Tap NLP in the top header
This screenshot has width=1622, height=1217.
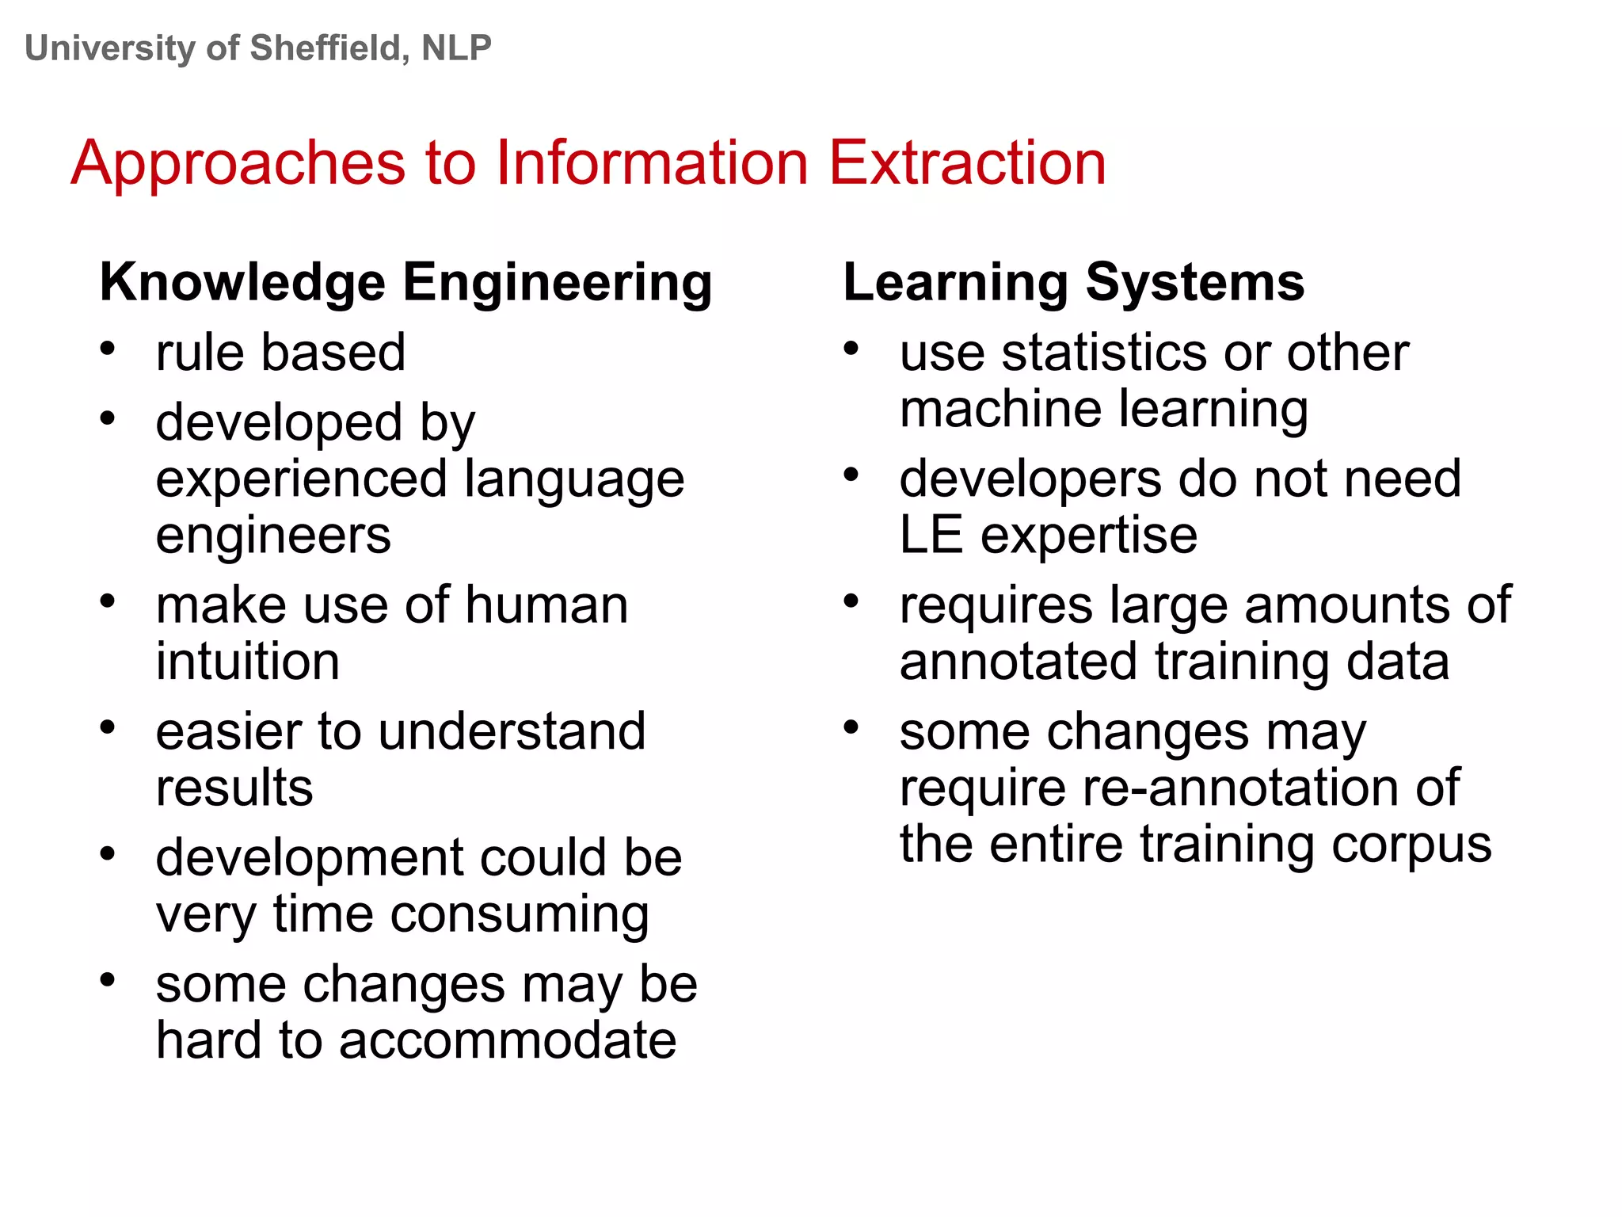[x=456, y=48]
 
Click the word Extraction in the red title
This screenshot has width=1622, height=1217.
[x=967, y=163]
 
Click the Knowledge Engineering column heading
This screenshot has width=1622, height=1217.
[x=405, y=283]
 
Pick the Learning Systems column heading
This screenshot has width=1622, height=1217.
[x=1073, y=283]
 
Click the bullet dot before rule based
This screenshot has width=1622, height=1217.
[x=108, y=348]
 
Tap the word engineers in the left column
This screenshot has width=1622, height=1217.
[x=273, y=536]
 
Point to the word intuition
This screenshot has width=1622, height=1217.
[x=248, y=662]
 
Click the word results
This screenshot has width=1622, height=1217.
[x=234, y=788]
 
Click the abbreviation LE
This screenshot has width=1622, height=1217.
[x=931, y=536]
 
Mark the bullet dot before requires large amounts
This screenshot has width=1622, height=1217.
[x=851, y=601]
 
